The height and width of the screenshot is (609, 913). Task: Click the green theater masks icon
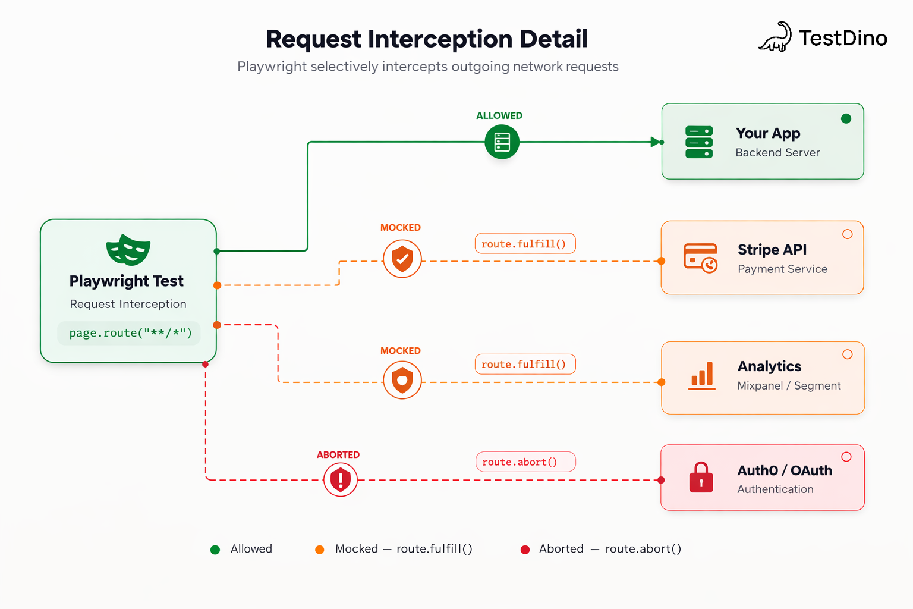tap(128, 250)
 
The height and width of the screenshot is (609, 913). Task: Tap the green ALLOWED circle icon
tap(502, 142)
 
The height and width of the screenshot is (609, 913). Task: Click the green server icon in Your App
tap(699, 142)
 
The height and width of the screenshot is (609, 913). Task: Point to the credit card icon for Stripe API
tap(700, 258)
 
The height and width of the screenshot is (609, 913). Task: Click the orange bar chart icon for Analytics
tap(702, 376)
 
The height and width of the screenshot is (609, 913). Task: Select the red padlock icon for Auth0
tap(701, 478)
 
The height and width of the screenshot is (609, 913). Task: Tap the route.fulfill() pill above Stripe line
tap(525, 244)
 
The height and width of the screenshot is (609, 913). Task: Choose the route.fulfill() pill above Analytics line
tap(525, 365)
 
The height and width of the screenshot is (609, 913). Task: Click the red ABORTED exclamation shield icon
tap(341, 479)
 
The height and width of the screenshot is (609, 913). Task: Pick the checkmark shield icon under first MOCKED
tap(402, 259)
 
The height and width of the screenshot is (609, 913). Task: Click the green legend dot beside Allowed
tap(215, 550)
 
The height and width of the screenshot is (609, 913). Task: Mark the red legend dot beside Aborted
tap(525, 550)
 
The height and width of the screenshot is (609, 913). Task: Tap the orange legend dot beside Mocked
tap(320, 550)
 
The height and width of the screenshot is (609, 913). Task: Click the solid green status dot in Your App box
tap(846, 118)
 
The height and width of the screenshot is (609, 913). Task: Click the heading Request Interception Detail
tap(427, 39)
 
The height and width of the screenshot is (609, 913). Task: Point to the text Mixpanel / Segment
tap(789, 386)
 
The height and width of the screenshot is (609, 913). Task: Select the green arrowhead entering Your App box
tap(656, 142)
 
